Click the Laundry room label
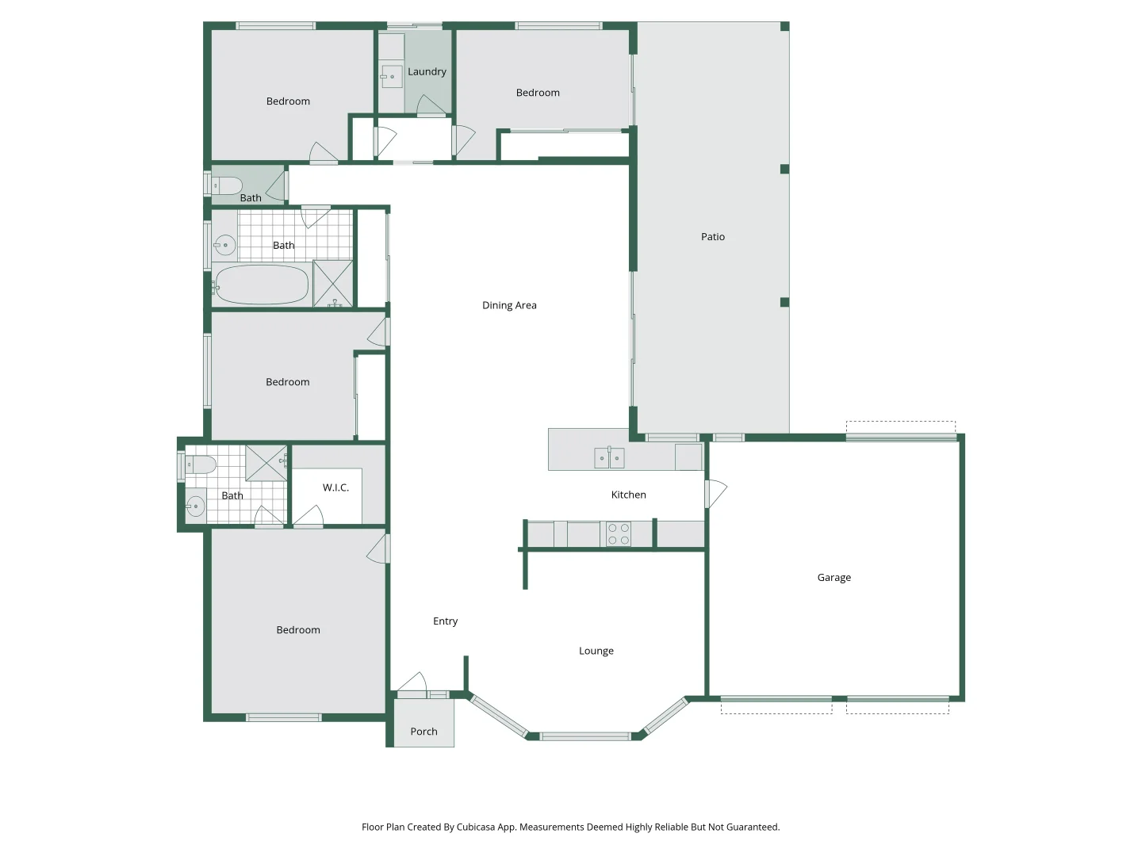427,71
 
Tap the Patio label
712,236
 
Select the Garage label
834,578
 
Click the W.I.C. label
335,487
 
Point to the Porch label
423,732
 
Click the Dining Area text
509,305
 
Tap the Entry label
445,621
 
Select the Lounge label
596,651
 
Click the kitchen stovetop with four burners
619,534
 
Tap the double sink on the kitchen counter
609,458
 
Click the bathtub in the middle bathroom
261,285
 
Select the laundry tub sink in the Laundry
391,77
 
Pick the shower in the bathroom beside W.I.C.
266,463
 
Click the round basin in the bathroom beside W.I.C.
195,506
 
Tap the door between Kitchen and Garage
715,494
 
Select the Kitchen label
628,495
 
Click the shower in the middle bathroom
333,283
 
